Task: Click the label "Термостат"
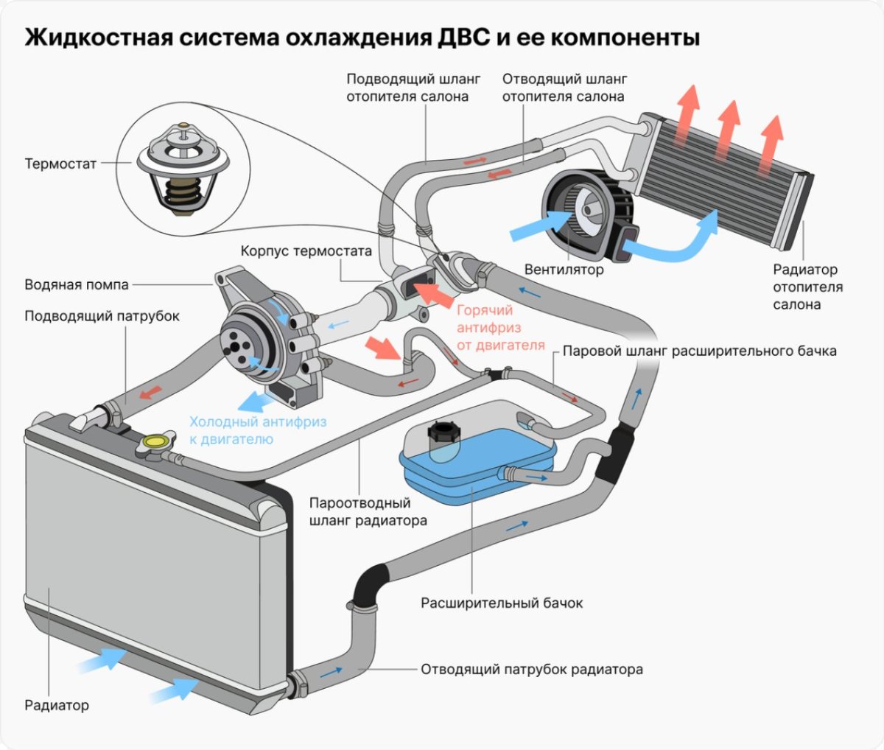coord(60,164)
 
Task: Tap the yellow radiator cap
coord(155,442)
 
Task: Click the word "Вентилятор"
coord(564,270)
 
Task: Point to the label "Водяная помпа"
coord(77,284)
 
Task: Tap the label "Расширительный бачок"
coord(502,603)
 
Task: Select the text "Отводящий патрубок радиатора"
coord(532,670)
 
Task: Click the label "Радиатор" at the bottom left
coord(57,705)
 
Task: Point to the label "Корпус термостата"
coord(306,251)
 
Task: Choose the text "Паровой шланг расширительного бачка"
coord(699,351)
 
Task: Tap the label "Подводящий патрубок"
coord(102,316)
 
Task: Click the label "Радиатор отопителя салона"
coord(807,287)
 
